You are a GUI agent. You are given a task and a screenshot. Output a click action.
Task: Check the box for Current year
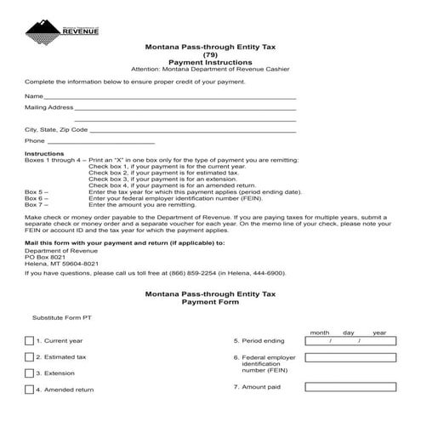29,340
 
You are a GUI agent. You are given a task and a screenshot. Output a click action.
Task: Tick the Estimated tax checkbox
29,357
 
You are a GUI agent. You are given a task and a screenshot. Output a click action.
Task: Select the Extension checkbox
29,373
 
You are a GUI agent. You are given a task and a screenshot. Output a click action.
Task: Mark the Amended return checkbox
29,390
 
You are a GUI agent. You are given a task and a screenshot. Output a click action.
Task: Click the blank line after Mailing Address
185,110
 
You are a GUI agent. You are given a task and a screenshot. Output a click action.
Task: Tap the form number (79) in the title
210,55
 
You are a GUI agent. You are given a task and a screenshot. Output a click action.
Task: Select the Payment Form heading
210,301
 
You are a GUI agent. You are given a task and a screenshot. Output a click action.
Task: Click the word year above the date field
379,333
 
